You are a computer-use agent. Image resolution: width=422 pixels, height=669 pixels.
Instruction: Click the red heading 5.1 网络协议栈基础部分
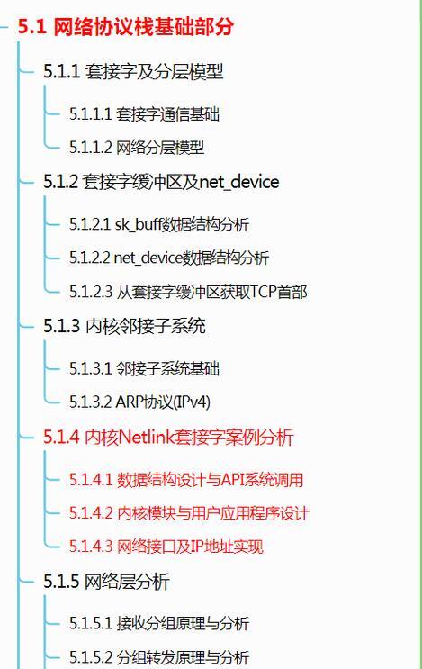[126, 26]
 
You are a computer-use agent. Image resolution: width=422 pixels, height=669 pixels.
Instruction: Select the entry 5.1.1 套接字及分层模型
[133, 71]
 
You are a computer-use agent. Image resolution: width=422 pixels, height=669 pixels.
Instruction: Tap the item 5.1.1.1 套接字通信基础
[145, 114]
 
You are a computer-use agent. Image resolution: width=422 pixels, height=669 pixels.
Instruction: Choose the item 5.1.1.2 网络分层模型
[137, 147]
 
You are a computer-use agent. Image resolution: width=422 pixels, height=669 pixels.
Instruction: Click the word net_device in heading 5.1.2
[239, 182]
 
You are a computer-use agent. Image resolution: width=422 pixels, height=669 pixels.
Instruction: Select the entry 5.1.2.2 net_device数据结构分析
[169, 258]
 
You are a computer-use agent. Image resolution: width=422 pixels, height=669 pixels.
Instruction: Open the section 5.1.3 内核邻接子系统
[124, 326]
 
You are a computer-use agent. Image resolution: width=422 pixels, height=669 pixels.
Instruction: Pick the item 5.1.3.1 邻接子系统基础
[145, 368]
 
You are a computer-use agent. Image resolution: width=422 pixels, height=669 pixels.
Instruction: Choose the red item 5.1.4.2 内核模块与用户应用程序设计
[189, 513]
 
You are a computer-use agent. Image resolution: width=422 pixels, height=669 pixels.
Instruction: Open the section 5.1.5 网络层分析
[106, 582]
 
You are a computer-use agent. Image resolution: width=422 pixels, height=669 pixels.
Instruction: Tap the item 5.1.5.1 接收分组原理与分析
[159, 623]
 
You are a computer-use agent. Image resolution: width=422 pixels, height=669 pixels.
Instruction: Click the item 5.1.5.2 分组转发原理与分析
[159, 656]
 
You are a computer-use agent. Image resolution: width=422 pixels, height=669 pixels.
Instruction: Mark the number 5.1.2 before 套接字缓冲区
[61, 182]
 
